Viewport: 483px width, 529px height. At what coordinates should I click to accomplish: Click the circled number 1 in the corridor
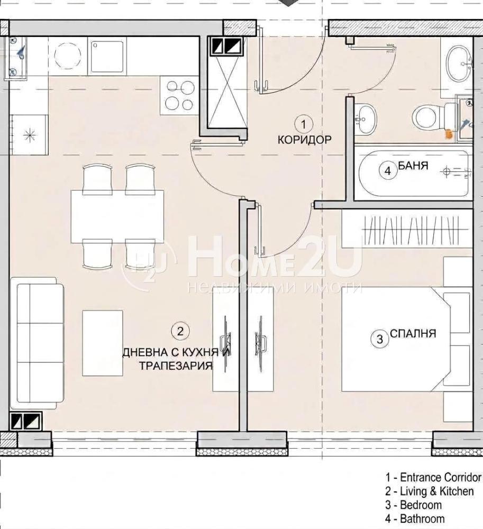pyautogui.click(x=303, y=124)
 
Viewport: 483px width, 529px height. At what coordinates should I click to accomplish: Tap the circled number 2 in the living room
pyautogui.click(x=180, y=331)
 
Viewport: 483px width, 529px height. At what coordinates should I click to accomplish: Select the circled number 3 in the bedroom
pyautogui.click(x=380, y=339)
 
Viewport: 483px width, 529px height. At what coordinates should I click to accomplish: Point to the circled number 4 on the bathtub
pyautogui.click(x=388, y=171)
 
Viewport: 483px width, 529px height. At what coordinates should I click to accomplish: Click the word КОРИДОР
pyautogui.click(x=305, y=140)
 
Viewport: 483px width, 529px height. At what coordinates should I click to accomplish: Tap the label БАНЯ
pyautogui.click(x=414, y=166)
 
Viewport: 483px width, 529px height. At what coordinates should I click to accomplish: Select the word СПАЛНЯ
pyautogui.click(x=413, y=334)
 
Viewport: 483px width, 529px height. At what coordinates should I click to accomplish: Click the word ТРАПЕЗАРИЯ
pyautogui.click(x=176, y=366)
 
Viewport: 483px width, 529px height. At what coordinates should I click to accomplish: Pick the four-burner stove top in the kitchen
pyautogui.click(x=179, y=96)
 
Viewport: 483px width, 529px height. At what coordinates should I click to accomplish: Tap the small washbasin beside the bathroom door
pyautogui.click(x=365, y=118)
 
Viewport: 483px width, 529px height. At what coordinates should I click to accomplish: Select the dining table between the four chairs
pyautogui.click(x=117, y=216)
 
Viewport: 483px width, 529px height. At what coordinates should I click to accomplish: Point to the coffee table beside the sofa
pyautogui.click(x=103, y=343)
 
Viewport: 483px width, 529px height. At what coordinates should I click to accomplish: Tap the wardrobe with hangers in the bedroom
pyautogui.click(x=407, y=229)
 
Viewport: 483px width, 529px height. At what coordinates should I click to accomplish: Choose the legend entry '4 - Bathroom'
pyautogui.click(x=415, y=518)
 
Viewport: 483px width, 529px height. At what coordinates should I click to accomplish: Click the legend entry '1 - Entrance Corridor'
pyautogui.click(x=433, y=477)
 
